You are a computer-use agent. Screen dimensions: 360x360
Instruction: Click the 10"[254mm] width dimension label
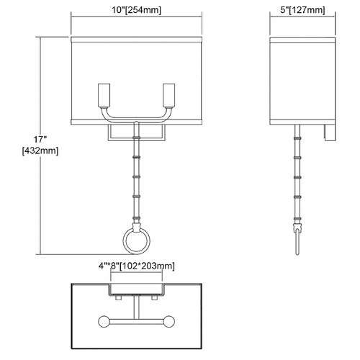coord(136,10)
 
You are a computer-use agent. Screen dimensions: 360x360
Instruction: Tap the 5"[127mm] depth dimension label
coord(302,10)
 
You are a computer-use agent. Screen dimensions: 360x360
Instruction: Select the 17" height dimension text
coord(40,139)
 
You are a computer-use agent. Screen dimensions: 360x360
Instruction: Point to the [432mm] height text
coord(40,151)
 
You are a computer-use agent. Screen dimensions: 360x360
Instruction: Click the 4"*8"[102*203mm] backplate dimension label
coord(136,266)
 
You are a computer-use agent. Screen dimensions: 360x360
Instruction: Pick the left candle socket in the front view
coord(104,95)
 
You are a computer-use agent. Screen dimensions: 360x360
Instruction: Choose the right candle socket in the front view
coord(168,95)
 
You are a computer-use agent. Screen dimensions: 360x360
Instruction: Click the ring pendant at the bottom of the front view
coord(137,240)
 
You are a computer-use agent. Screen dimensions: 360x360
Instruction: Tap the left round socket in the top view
coord(104,321)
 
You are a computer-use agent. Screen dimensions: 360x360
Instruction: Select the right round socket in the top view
coord(168,321)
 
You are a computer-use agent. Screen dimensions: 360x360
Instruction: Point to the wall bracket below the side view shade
coord(329,132)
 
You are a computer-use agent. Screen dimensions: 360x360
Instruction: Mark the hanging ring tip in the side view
coord(297,253)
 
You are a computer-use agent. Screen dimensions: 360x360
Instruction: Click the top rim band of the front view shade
coord(136,40)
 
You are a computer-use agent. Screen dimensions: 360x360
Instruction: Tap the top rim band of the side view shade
coord(302,40)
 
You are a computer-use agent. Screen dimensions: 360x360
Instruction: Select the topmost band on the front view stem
coord(136,138)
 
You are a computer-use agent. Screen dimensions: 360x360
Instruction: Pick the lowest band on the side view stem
coord(297,219)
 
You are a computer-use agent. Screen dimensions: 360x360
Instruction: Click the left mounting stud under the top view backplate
coord(118,298)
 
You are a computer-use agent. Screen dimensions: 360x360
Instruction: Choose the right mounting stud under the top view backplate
coord(154,298)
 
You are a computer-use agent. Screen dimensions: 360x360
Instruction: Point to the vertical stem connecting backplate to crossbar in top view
coord(137,307)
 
